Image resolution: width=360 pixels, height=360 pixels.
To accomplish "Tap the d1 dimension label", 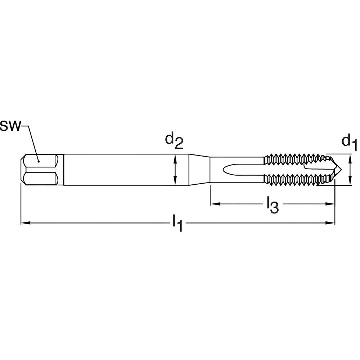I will pyautogui.click(x=348, y=141).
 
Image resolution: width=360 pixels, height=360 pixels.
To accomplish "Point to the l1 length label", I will pyautogui.click(x=177, y=224).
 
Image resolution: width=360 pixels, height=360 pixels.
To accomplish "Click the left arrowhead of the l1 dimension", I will pyautogui.click(x=24, y=223).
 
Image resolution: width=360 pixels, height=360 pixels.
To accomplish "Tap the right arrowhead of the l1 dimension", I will pyautogui.click(x=332, y=223).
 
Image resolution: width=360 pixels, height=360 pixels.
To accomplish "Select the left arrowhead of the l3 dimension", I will pyautogui.click(x=213, y=204).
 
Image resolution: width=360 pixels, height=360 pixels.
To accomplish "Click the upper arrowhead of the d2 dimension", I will pyautogui.click(x=175, y=157).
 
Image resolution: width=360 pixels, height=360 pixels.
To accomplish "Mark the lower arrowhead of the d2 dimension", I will pyautogui.click(x=175, y=183).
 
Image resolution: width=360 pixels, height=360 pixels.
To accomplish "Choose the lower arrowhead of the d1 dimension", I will pyautogui.click(x=351, y=183).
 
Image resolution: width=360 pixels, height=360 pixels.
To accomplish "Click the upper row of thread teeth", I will pyautogui.click(x=295, y=159).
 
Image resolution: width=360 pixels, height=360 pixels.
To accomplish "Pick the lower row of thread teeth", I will pyautogui.click(x=295, y=179).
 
